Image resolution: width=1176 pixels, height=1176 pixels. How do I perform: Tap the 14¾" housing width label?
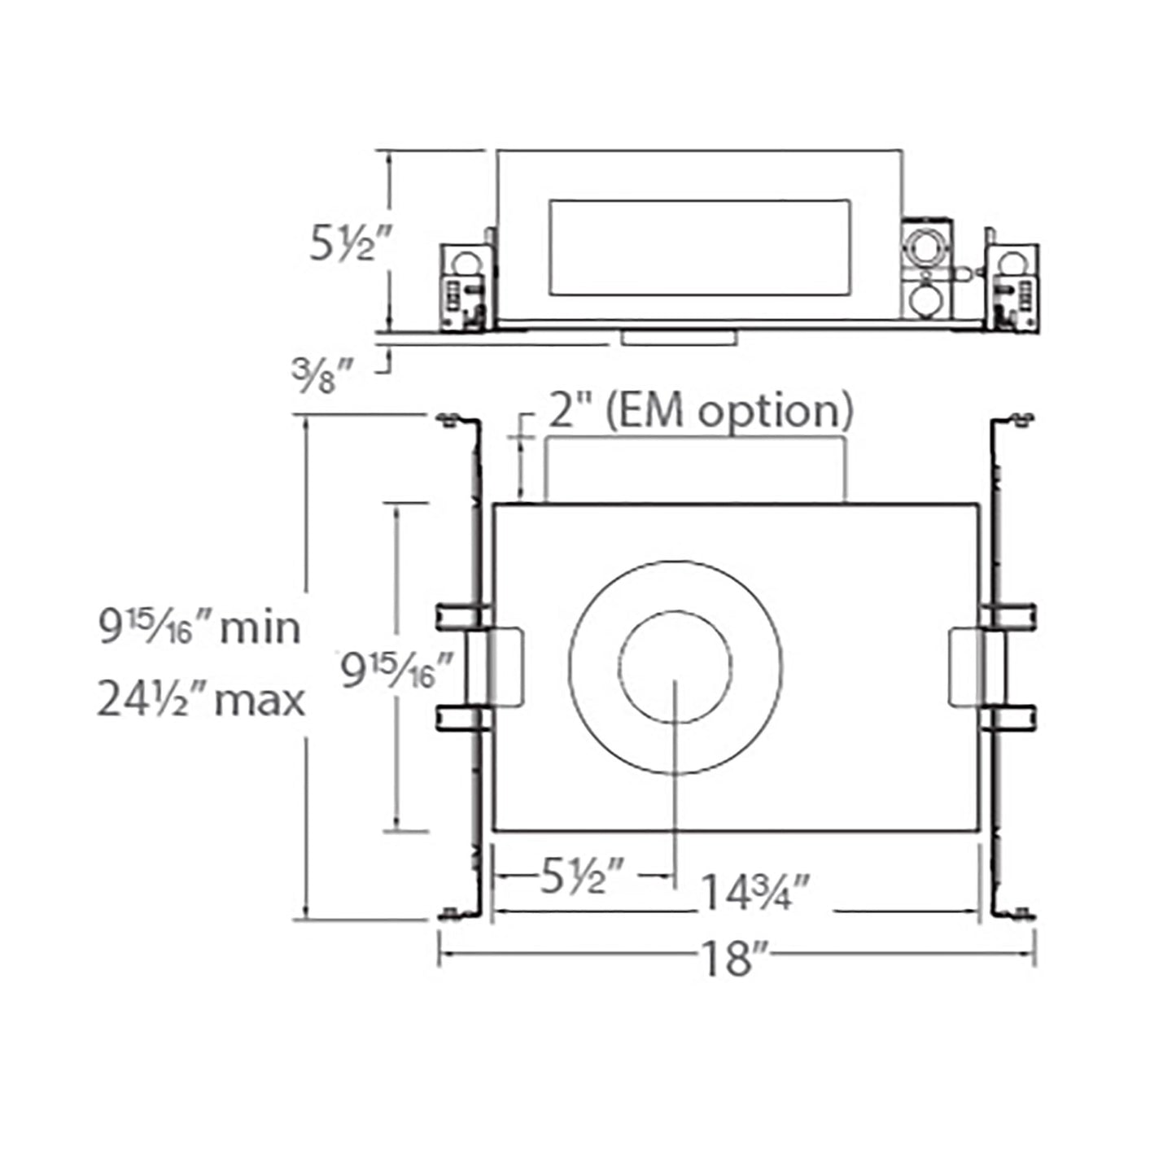[x=754, y=893]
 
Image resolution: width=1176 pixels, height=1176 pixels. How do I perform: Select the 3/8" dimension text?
[x=322, y=375]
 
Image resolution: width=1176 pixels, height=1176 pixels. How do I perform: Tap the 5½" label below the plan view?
[x=581, y=878]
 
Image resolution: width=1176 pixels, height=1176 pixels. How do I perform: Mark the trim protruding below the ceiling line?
[x=678, y=338]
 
